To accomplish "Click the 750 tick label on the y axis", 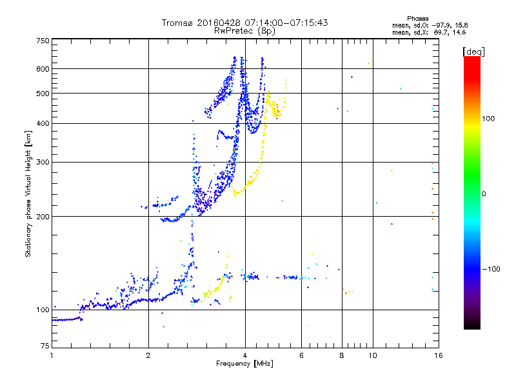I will pyautogui.click(x=43, y=40).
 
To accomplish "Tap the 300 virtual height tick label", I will pyautogui.click(x=43, y=162).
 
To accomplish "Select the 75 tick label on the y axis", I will pyautogui.click(x=45, y=349).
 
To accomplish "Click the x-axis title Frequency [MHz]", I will pyautogui.click(x=244, y=364).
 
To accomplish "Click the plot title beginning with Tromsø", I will pyautogui.click(x=244, y=23).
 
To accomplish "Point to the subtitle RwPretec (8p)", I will pyautogui.click(x=244, y=30).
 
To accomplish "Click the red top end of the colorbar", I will pyautogui.click(x=471, y=59).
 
